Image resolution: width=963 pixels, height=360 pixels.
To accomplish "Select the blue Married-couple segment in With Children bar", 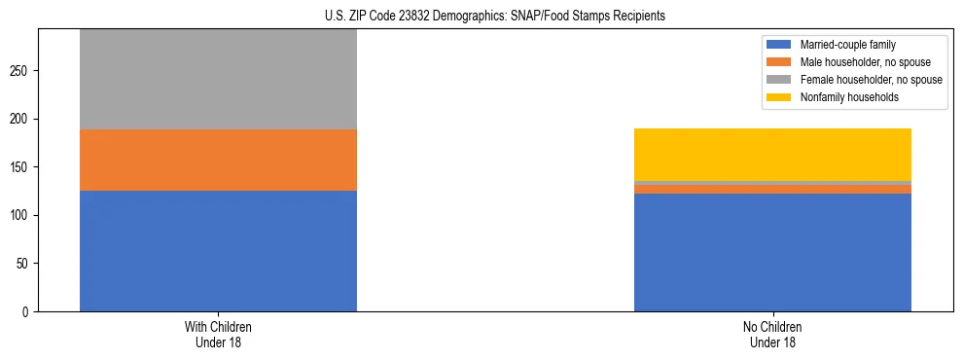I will click(218, 251).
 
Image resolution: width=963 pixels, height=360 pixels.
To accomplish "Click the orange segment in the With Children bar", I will click(218, 160).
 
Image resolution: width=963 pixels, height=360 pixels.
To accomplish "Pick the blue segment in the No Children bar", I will click(772, 253).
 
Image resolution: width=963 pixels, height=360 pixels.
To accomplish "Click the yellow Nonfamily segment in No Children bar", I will click(772, 155).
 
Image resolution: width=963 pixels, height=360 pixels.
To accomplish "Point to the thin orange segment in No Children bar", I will click(772, 189).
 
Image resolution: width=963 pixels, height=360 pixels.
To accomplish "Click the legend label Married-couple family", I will click(846, 46).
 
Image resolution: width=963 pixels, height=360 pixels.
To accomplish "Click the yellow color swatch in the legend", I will click(779, 98).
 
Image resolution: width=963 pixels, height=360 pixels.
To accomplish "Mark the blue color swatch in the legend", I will click(779, 46).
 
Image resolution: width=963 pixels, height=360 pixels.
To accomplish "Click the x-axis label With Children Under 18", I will click(218, 335).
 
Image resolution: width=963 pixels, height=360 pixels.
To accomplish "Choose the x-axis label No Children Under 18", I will click(772, 335).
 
